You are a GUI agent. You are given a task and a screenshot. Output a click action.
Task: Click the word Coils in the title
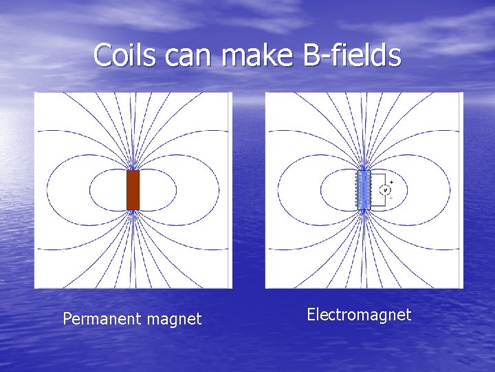click(122, 55)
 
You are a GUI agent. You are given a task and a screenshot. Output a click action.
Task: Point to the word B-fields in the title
click(351, 55)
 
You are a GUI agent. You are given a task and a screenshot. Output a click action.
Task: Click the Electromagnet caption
click(359, 315)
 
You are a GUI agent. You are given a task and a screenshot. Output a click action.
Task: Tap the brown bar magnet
click(133, 189)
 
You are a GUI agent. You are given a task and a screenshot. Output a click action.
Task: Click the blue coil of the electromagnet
click(363, 189)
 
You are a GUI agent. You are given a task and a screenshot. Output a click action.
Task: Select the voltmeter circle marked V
click(385, 189)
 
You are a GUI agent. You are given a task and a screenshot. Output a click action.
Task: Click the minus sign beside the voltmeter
click(391, 198)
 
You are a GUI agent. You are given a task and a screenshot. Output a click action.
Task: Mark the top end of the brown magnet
click(133, 172)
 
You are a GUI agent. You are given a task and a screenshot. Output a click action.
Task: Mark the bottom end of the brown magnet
click(133, 208)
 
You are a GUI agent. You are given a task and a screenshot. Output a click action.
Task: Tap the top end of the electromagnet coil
click(363, 172)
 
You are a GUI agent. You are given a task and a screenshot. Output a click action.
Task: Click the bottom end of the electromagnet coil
click(363, 208)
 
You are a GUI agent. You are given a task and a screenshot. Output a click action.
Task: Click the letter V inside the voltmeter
click(385, 189)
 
